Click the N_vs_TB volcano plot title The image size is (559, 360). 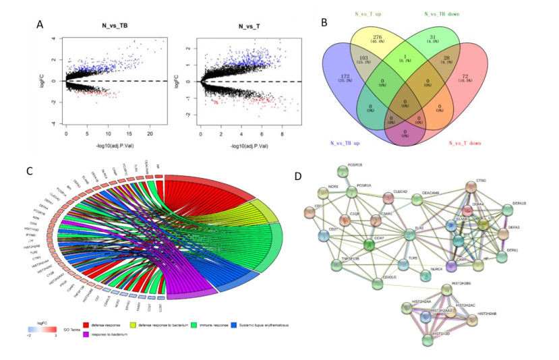pyautogui.click(x=123, y=26)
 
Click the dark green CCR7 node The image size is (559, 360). pyautogui.click(x=368, y=244)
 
